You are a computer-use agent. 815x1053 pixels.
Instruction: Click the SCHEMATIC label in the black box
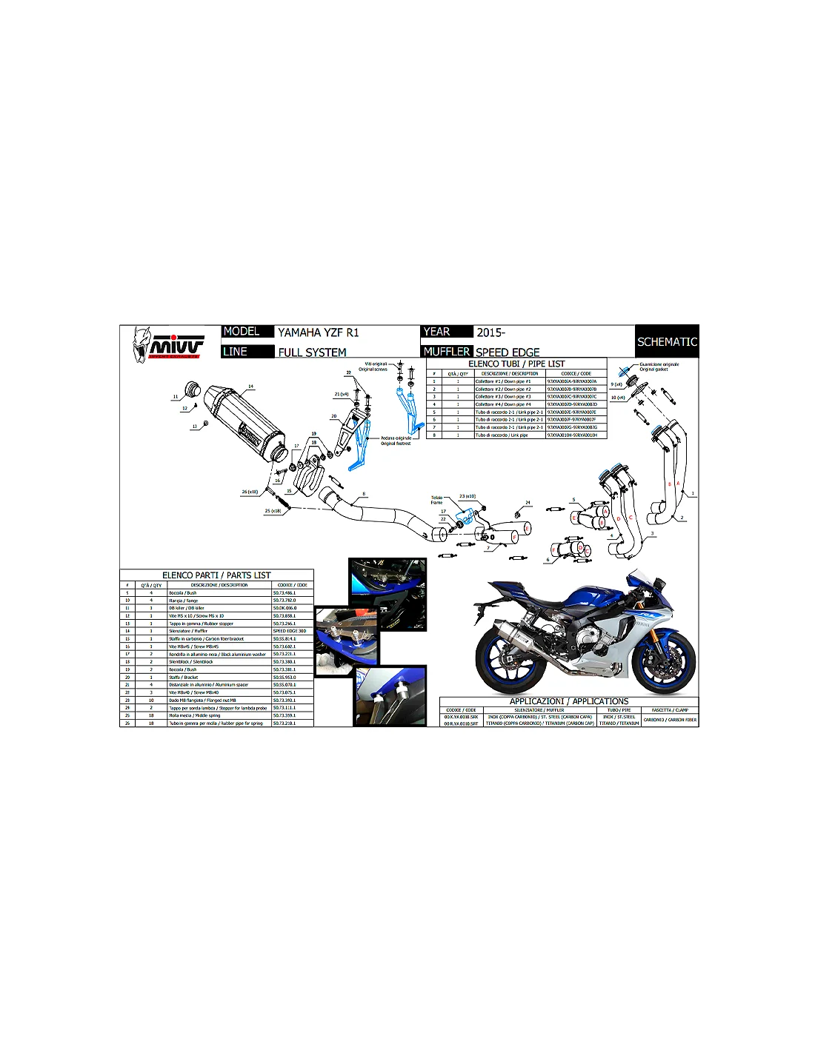point(667,342)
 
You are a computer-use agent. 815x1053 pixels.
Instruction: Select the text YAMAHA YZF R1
point(318,332)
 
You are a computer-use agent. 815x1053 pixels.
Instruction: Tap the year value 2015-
point(490,332)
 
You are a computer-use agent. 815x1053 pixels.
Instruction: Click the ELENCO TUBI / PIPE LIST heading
point(516,364)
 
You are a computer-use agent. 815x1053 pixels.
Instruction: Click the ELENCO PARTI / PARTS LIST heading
point(216,575)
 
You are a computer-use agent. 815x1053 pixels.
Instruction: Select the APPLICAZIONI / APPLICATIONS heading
point(569,701)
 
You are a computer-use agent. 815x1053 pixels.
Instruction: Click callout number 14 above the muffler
point(250,387)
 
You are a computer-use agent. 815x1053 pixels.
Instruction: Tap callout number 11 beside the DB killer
point(176,397)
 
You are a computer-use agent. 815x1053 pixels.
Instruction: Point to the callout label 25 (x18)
point(273,511)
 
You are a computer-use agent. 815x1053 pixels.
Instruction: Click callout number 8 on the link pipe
point(364,494)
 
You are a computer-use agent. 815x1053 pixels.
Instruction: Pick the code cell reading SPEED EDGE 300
point(289,631)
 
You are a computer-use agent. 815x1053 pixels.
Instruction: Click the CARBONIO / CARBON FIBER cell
point(670,720)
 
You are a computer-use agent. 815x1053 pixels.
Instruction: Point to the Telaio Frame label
point(436,501)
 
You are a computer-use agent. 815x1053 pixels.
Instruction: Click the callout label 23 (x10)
point(468,496)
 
